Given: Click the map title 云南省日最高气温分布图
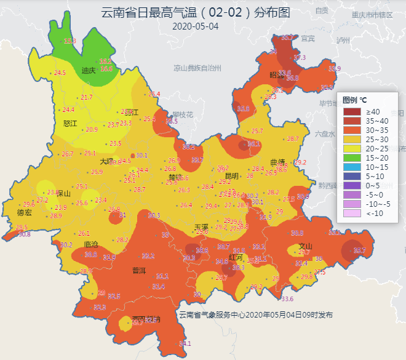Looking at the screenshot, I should click(x=195, y=13).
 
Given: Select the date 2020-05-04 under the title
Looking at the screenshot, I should click(x=195, y=26).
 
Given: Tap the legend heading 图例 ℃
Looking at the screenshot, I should click(x=354, y=100).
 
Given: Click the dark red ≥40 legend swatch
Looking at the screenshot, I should click(x=352, y=112).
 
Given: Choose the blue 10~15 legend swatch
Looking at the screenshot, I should click(x=352, y=167).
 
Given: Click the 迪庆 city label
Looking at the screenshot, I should click(x=89, y=70).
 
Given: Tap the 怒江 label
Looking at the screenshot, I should click(x=71, y=123).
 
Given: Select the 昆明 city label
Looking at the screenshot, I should click(x=231, y=176).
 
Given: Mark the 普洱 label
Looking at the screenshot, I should click(x=139, y=270).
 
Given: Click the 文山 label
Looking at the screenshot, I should click(x=305, y=246).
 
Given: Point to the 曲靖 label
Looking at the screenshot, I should click(x=277, y=162).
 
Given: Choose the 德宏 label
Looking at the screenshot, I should click(x=24, y=213).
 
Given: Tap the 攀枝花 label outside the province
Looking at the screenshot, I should click(x=183, y=114).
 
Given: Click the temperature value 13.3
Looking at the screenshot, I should click(x=70, y=41).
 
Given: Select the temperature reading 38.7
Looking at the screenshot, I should click(x=359, y=250).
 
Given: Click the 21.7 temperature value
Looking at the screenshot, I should click(x=87, y=97).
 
